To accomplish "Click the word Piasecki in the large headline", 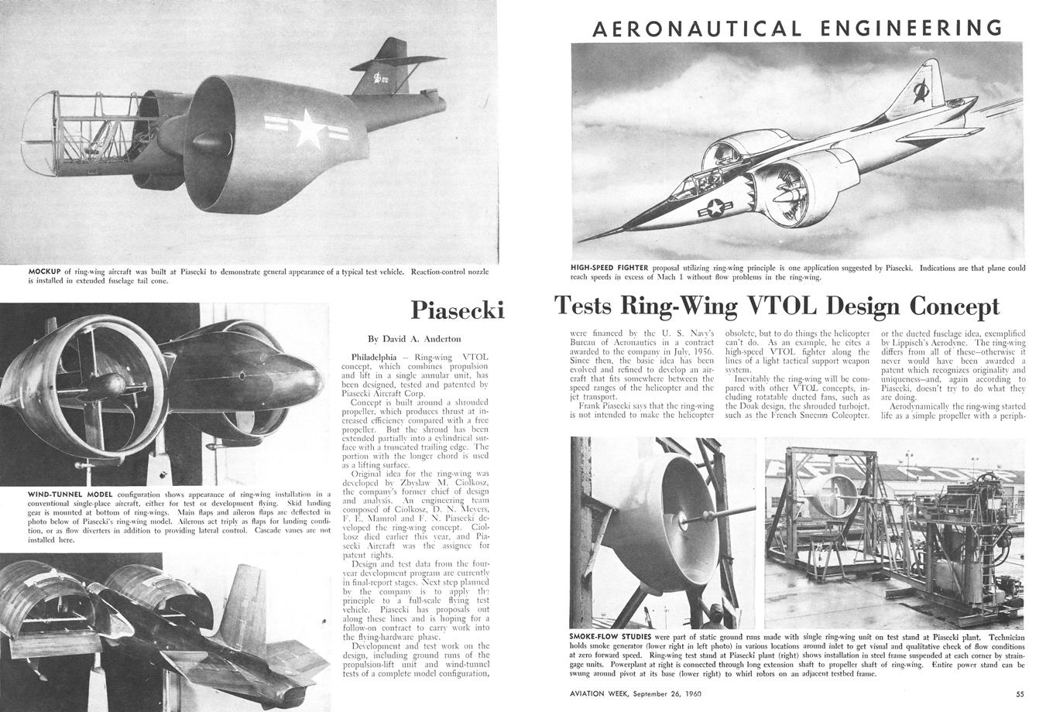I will click(x=457, y=310).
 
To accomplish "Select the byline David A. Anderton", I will click(x=414, y=338).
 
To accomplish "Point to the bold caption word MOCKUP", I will click(x=44, y=272).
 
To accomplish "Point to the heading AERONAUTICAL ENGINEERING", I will click(x=797, y=29).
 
